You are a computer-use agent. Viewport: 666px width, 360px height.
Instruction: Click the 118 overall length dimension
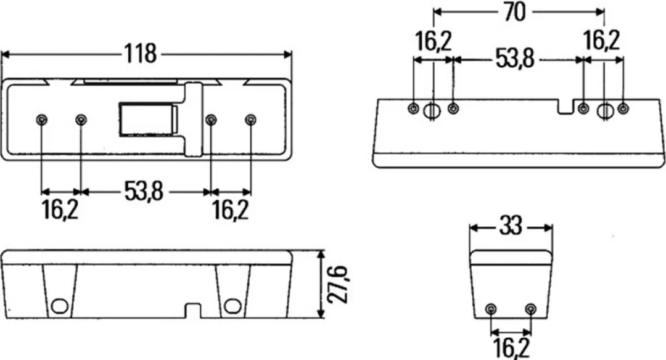(140, 54)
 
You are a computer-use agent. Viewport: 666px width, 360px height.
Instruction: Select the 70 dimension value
(514, 12)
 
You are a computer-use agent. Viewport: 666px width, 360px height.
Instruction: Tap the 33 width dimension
(510, 226)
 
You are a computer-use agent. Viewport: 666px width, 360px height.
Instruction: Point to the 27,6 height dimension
(338, 284)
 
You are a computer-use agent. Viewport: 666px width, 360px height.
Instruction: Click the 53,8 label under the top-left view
(144, 191)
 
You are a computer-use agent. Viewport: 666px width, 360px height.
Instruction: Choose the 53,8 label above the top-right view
(515, 59)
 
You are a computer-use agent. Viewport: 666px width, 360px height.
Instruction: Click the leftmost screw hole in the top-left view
(41, 120)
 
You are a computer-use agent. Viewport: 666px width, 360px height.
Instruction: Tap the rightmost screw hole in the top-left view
(250, 120)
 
